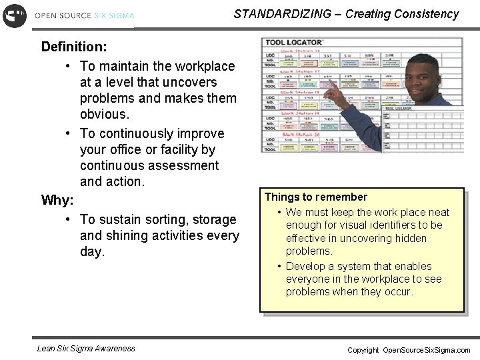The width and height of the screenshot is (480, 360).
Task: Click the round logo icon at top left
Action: (15, 15)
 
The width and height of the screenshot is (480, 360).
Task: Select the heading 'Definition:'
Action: (74, 47)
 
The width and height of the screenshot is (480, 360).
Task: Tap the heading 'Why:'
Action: (57, 200)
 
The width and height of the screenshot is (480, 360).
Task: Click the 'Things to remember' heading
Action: (316, 197)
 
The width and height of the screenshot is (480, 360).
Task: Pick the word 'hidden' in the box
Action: (411, 238)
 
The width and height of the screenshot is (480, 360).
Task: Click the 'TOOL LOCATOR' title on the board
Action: (294, 43)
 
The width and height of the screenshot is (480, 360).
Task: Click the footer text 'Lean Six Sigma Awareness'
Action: (86, 348)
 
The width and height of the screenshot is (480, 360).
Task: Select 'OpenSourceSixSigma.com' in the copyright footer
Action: (426, 350)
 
